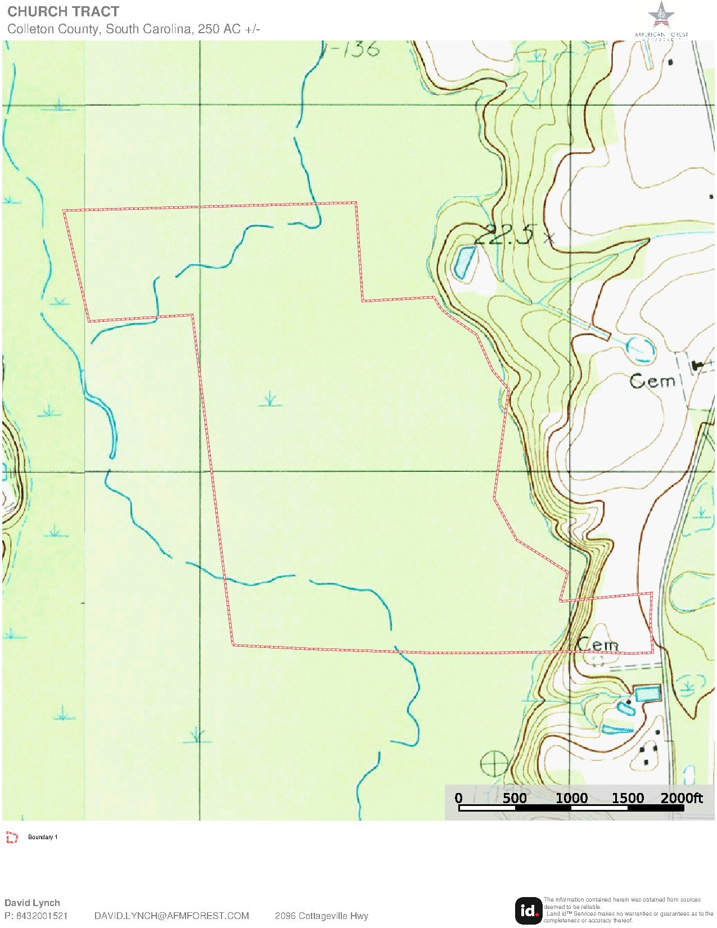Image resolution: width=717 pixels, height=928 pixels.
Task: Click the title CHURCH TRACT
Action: [x=63, y=12]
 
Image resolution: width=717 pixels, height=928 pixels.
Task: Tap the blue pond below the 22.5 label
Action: [x=463, y=262]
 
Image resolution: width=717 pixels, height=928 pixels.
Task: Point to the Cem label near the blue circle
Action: [x=652, y=381]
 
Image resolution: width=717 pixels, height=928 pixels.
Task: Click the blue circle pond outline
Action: [x=641, y=349]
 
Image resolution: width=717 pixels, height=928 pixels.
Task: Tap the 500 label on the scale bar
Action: [x=514, y=798]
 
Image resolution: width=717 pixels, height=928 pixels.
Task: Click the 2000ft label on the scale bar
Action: [x=682, y=798]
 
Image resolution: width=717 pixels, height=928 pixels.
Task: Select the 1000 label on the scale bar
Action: [x=571, y=798]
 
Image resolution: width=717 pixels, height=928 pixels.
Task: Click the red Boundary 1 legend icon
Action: [x=12, y=837]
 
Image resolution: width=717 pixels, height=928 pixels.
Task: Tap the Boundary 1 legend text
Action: [x=43, y=837]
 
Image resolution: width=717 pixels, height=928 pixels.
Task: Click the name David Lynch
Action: [x=32, y=903]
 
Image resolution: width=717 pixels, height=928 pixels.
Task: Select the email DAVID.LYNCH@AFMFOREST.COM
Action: [x=172, y=916]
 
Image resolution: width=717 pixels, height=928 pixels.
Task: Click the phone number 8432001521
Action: [x=42, y=916]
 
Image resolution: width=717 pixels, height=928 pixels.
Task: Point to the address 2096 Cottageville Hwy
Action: [x=321, y=916]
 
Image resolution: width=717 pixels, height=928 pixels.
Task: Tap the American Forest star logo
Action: [x=661, y=15]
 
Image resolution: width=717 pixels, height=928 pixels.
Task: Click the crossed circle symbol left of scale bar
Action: [x=495, y=764]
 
